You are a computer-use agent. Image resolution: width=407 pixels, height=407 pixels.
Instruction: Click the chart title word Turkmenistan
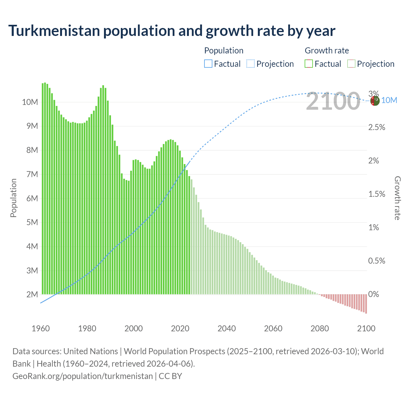coord(55,31)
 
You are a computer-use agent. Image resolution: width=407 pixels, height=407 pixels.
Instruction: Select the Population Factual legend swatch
coord(208,64)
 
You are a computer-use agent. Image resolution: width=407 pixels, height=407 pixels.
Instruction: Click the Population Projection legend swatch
coord(250,64)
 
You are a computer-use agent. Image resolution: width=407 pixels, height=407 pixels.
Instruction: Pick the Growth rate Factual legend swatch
coord(308,64)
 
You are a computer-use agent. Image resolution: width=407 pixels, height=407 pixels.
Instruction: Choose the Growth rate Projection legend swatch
coord(351,64)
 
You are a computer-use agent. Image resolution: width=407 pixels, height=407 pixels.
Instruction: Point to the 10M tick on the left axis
coord(30,102)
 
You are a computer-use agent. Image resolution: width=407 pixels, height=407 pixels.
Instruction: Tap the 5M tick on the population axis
coord(32,222)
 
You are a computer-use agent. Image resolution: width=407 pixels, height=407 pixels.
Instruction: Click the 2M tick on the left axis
coord(32,294)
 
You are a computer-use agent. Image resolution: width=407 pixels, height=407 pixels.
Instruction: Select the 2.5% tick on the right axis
coord(376,127)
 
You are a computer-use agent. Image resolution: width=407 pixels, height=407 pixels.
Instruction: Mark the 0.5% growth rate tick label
coord(376,261)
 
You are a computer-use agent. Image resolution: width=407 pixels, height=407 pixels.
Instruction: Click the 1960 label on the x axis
coord(41,328)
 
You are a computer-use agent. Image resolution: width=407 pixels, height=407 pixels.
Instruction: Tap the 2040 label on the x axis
coord(227,328)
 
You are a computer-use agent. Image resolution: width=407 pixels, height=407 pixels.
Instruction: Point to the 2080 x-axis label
coord(320,328)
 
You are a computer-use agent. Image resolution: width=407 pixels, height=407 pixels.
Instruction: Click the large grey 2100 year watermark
coord(333,101)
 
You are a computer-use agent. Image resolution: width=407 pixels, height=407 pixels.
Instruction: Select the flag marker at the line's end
coord(375,101)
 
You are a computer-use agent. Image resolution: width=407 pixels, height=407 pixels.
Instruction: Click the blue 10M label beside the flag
coord(389,100)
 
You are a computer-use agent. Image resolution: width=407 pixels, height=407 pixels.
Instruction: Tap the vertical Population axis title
coord(13,198)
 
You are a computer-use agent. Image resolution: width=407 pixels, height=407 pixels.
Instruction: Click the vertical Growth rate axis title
coord(397,198)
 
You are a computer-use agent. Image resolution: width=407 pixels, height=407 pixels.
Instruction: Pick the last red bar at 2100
coord(366,304)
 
